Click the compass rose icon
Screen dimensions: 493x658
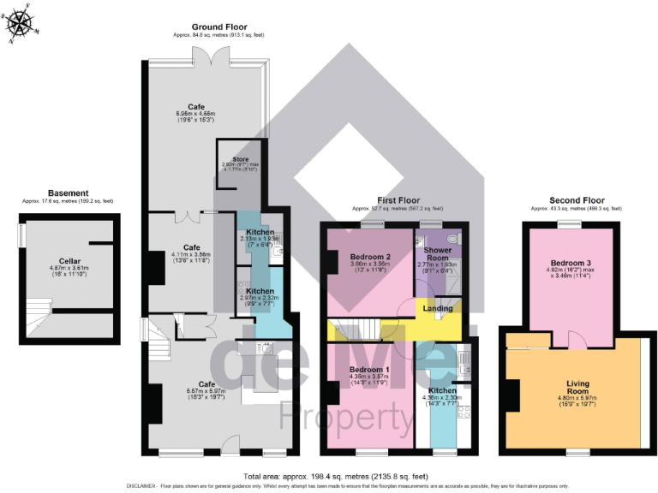[23, 23]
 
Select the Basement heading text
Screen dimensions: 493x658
[67, 193]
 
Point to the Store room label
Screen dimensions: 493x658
[241, 159]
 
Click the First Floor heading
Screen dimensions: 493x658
[397, 200]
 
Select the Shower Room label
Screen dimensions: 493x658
[437, 253]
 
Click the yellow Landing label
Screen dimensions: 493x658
[438, 308]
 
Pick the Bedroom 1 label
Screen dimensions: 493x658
[370, 370]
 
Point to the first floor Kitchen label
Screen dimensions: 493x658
[443, 389]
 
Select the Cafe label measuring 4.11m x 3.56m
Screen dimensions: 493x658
[191, 246]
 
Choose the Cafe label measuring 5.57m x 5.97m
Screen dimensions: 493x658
[206, 384]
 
